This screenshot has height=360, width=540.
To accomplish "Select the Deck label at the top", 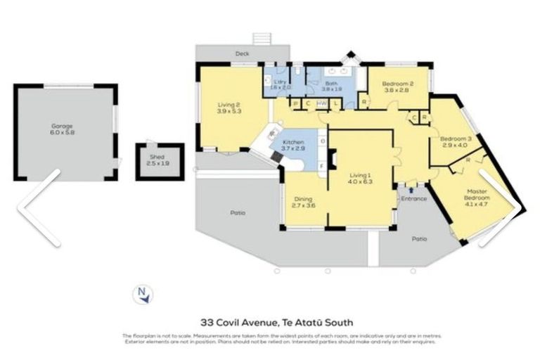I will click(x=243, y=53).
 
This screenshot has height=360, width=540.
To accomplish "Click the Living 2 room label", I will click(x=230, y=108).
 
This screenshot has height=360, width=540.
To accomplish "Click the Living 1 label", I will click(x=361, y=179).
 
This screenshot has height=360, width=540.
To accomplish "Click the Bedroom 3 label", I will click(x=451, y=142).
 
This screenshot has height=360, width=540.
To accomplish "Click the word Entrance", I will click(x=413, y=198).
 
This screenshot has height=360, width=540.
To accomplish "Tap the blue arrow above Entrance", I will click(x=411, y=189).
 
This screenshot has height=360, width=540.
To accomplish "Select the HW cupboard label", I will click(x=321, y=104).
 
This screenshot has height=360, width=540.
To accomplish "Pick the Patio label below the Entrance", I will click(x=419, y=239).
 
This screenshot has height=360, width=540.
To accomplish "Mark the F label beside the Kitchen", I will click(x=322, y=166).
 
